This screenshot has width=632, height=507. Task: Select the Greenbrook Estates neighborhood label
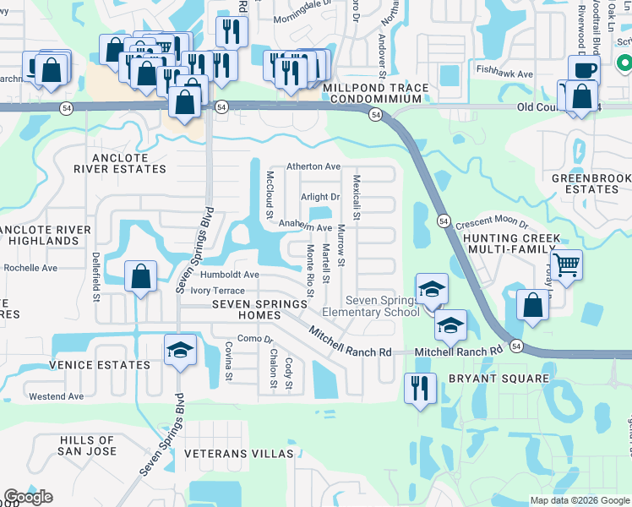click(x=586, y=183)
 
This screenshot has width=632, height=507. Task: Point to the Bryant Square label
click(x=499, y=379)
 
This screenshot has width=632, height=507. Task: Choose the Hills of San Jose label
click(x=87, y=445)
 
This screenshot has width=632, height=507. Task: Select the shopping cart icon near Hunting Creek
click(x=567, y=264)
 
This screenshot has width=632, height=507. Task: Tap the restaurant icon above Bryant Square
click(x=419, y=388)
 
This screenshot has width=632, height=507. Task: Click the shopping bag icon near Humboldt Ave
click(x=140, y=275)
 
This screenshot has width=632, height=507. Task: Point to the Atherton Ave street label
click(x=313, y=166)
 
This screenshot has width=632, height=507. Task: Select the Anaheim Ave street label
click(x=306, y=227)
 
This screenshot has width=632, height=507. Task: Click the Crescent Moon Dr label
click(x=491, y=225)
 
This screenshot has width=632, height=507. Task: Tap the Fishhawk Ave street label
click(x=504, y=74)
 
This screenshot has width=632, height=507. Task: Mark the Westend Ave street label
click(x=56, y=396)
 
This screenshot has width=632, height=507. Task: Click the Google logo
click(x=28, y=497)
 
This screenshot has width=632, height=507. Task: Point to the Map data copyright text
click(x=579, y=500)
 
